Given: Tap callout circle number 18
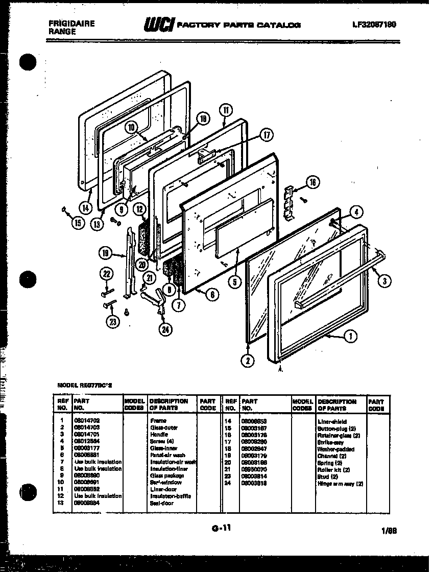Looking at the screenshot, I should (x=203, y=119).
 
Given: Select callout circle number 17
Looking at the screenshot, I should (x=267, y=135).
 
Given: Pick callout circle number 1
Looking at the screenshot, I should (x=350, y=336).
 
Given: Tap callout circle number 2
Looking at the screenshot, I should (x=247, y=361).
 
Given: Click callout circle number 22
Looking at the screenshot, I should (x=106, y=274).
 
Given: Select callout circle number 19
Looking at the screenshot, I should (x=105, y=252).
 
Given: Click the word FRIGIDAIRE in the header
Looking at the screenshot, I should (x=71, y=23).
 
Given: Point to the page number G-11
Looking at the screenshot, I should (x=221, y=529).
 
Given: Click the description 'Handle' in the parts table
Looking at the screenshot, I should (x=158, y=434).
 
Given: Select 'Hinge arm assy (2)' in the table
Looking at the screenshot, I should (x=340, y=483).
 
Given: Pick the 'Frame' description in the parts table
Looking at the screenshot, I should (x=158, y=420).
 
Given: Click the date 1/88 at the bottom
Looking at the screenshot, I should (x=389, y=531).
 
